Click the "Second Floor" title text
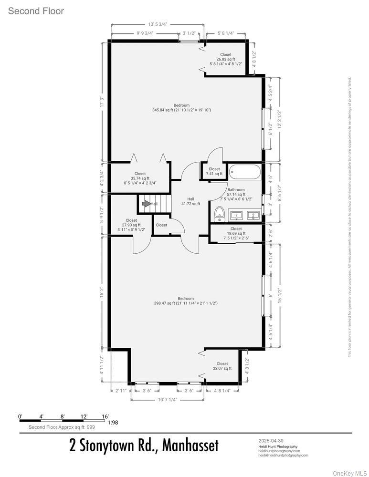(36, 11)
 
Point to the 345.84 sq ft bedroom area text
(181, 110)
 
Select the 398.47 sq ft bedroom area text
(186, 303)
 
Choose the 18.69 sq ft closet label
(236, 233)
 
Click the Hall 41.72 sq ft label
(190, 201)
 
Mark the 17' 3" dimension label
(102, 102)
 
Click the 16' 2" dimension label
(102, 292)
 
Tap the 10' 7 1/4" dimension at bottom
(168, 400)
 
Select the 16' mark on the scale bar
(105, 416)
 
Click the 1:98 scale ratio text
(113, 423)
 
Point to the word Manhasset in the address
(190, 446)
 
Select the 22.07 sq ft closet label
(222, 366)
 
